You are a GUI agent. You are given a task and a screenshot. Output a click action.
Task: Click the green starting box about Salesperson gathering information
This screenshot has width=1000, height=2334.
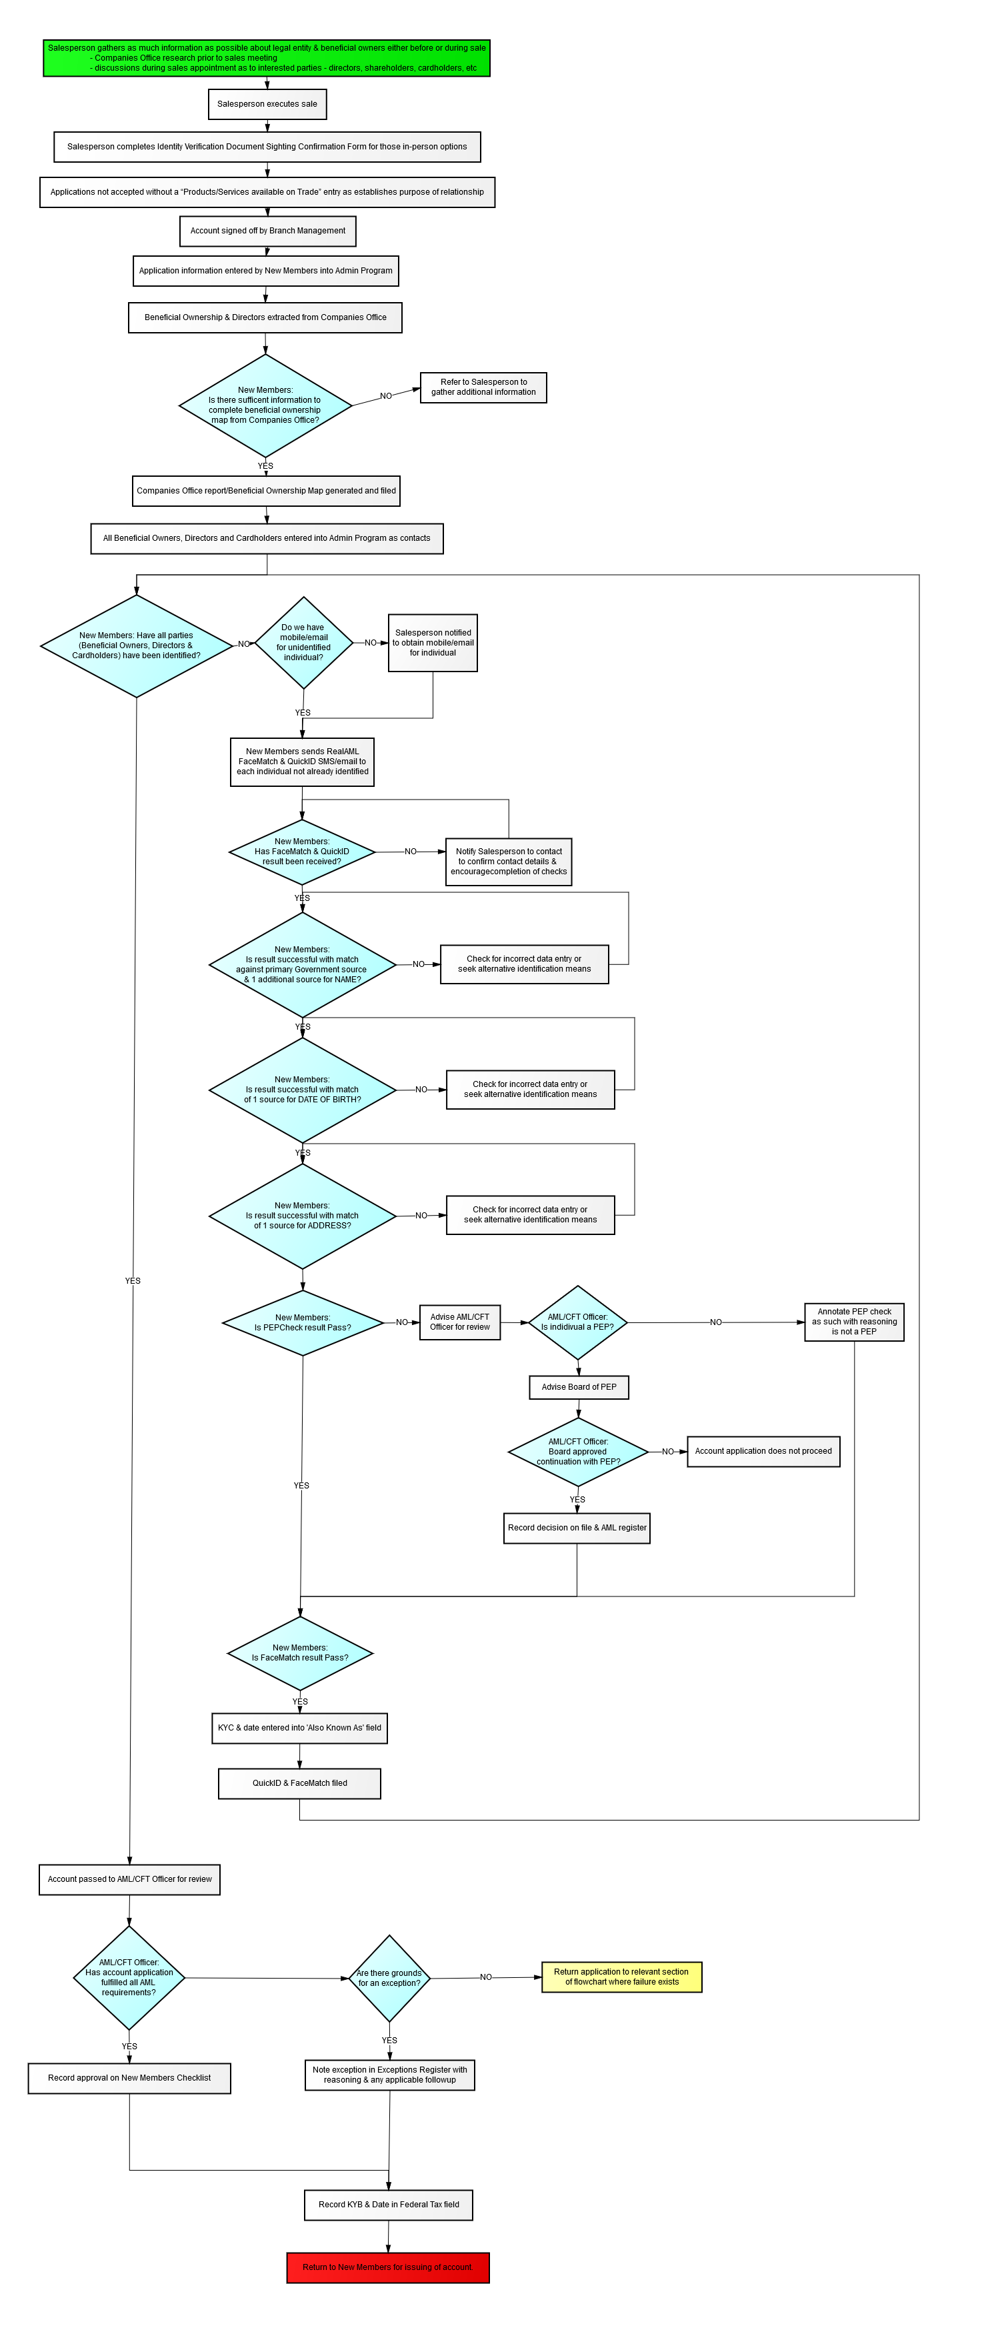[266, 58]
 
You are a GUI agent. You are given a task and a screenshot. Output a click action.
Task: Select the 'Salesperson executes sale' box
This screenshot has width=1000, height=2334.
[267, 104]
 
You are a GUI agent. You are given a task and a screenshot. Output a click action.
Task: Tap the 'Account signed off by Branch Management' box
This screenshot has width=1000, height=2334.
[267, 231]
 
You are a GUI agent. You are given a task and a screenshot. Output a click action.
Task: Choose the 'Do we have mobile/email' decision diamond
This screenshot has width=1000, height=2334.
[303, 642]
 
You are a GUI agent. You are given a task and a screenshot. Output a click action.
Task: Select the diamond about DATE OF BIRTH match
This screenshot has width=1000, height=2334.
[303, 1089]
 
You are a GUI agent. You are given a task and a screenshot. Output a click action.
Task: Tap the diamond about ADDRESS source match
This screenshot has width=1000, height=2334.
[303, 1215]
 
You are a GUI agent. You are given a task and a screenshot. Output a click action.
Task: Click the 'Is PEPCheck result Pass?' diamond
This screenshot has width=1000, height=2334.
[303, 1323]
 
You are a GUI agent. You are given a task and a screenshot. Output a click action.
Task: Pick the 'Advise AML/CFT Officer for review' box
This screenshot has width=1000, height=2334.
[459, 1322]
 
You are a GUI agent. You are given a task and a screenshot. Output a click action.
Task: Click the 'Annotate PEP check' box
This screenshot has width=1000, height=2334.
[853, 1322]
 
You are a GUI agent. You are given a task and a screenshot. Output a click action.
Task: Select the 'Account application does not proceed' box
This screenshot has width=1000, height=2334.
[763, 1452]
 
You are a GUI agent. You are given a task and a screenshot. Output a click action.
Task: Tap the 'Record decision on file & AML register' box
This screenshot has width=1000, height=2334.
[577, 1528]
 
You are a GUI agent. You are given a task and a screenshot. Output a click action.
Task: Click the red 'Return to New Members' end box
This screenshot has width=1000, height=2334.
[388, 2267]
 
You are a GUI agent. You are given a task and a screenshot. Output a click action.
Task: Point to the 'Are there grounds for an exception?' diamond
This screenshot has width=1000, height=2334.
[389, 1978]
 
